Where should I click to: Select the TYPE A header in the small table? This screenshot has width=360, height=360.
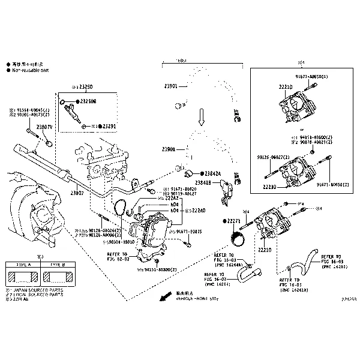click(x=22, y=264)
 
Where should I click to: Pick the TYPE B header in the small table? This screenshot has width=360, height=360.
click(x=58, y=264)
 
